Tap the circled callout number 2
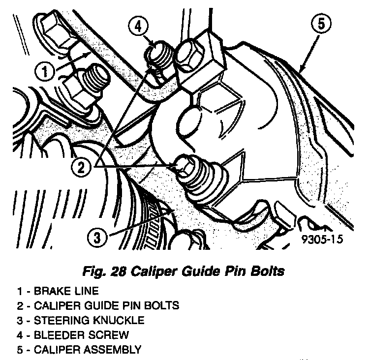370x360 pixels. click(81, 167)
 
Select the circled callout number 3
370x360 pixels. click(97, 238)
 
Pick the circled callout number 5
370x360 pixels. click(321, 25)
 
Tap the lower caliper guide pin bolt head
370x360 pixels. click(185, 167)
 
